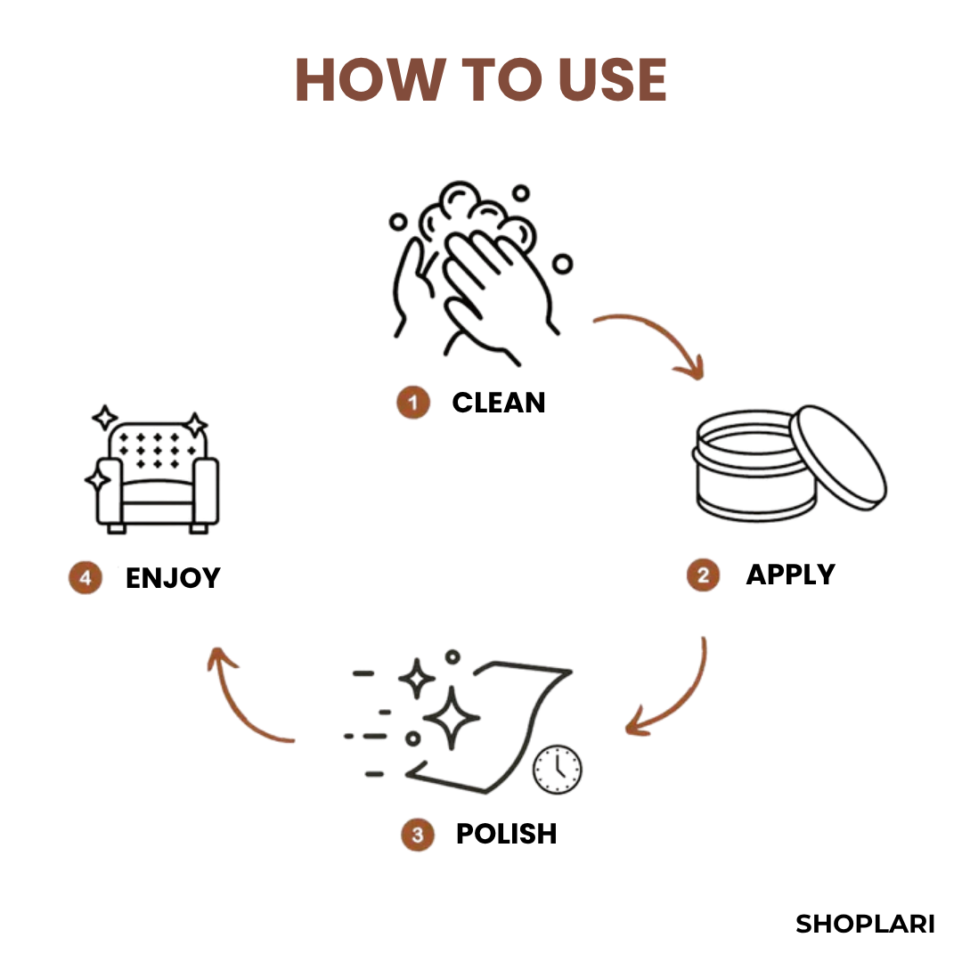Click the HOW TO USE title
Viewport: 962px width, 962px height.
(x=481, y=79)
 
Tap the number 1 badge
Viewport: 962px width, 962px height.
(x=413, y=403)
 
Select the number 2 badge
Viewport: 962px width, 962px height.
(x=703, y=575)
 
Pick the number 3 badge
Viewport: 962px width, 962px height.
(x=418, y=835)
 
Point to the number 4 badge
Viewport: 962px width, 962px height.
(x=86, y=577)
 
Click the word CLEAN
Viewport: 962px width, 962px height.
(x=499, y=404)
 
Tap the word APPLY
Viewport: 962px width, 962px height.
(x=791, y=575)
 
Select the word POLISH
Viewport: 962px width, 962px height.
(x=507, y=834)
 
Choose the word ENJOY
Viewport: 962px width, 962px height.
(x=173, y=578)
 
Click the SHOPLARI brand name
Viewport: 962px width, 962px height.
(x=865, y=924)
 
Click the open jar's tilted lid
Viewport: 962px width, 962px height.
(x=838, y=457)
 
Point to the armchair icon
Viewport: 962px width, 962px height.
(x=153, y=470)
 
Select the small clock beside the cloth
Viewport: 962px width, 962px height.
(x=557, y=770)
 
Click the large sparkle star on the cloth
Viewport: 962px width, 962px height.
(x=452, y=717)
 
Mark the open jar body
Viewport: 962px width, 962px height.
(x=754, y=466)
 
